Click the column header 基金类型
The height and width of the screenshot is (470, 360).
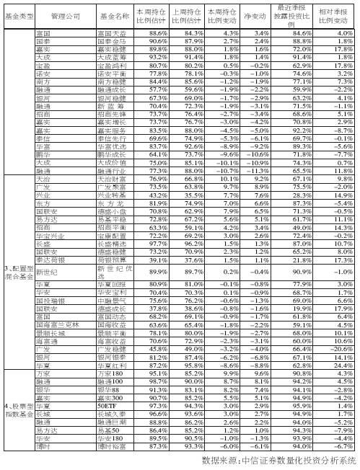[17, 14]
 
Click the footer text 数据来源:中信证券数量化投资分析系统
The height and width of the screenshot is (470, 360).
[279, 460]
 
